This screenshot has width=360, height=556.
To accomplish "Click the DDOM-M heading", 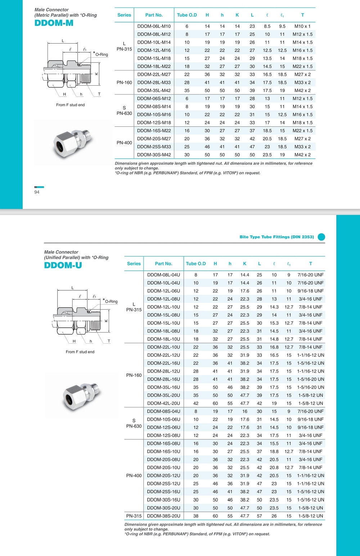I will (x=54, y=23).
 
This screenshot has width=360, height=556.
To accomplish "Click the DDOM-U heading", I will (x=63, y=266).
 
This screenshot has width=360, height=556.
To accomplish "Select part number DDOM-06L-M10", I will (x=154, y=26).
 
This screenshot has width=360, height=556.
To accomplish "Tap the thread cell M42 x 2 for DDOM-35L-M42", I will (x=302, y=91).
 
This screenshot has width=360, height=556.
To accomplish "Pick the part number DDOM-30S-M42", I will (x=154, y=155).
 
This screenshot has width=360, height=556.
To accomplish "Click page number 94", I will (x=37, y=192).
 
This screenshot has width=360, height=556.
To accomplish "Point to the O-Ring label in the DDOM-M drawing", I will (x=102, y=55).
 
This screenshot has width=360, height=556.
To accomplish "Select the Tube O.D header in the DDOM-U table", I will (x=196, y=264).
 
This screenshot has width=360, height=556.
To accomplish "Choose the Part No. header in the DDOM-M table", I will (x=154, y=15).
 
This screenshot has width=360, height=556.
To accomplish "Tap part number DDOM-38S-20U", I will (x=163, y=516).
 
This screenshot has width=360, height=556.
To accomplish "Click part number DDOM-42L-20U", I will (x=163, y=403).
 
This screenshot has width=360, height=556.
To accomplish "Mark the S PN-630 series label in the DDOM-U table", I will (x=134, y=424).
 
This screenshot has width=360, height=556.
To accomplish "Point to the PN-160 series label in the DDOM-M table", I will (x=124, y=82).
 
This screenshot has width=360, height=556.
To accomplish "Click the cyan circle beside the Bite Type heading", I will (x=321, y=237).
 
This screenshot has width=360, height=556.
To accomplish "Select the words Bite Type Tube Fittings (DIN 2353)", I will (x=276, y=237).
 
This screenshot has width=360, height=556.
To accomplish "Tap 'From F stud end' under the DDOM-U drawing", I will (x=80, y=352).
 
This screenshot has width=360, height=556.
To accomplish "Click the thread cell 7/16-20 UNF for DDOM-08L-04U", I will (x=310, y=275).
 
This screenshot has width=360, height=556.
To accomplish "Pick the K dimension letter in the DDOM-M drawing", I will (x=96, y=74).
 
